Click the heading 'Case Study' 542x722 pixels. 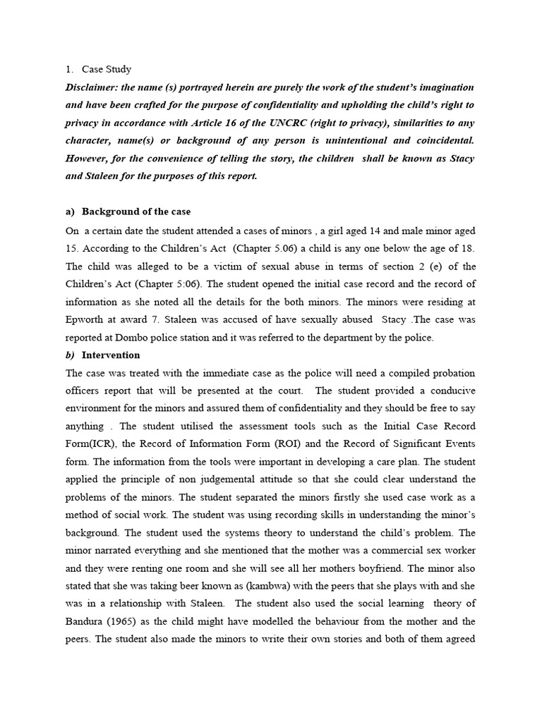[x=107, y=69]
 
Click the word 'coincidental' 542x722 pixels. [x=440, y=140]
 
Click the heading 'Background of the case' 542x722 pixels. [x=136, y=212]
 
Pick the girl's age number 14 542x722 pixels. [x=342, y=231]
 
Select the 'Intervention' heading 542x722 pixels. [x=111, y=355]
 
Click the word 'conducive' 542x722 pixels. [x=451, y=391]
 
